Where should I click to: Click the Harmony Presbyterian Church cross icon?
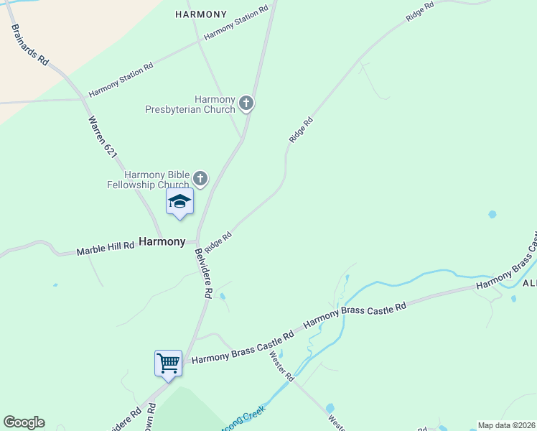point(246,103)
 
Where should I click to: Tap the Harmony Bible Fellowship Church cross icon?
point(200,178)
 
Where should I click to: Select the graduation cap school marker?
point(179,202)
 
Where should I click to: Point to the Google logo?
point(24,422)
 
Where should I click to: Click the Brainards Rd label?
point(29,45)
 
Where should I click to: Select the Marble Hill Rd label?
point(106,249)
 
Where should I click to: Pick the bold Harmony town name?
point(162,242)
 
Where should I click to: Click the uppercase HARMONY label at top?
point(201,14)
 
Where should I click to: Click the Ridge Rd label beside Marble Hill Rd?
point(218,241)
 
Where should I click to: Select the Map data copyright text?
point(506,425)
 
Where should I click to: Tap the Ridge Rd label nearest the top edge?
point(420,11)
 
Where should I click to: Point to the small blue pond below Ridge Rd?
point(492,214)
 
